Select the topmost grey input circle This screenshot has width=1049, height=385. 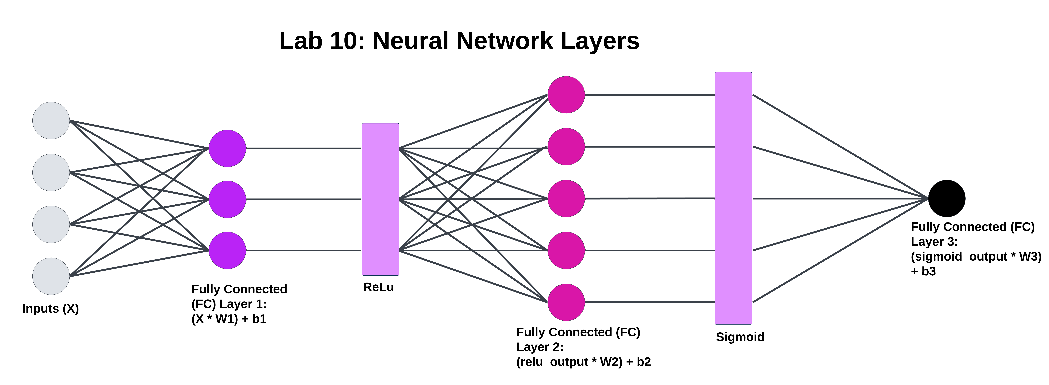tap(51, 120)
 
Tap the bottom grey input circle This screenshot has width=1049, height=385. tap(51, 276)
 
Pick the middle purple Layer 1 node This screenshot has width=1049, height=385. tap(227, 199)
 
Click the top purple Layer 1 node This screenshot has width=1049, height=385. tap(227, 149)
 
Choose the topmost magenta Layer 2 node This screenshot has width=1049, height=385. tap(566, 95)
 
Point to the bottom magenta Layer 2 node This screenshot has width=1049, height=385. tap(566, 302)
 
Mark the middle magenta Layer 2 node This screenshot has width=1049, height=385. tap(566, 199)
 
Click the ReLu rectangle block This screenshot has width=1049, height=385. tap(380, 199)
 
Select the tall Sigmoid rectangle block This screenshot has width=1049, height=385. tap(733, 198)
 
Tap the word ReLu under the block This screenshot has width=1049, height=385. tap(378, 287)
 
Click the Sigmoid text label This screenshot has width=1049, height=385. tap(740, 337)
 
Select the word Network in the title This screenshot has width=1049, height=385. tap(505, 41)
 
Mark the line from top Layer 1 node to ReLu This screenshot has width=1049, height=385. tap(303, 149)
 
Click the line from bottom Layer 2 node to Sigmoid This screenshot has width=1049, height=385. tap(650, 302)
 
